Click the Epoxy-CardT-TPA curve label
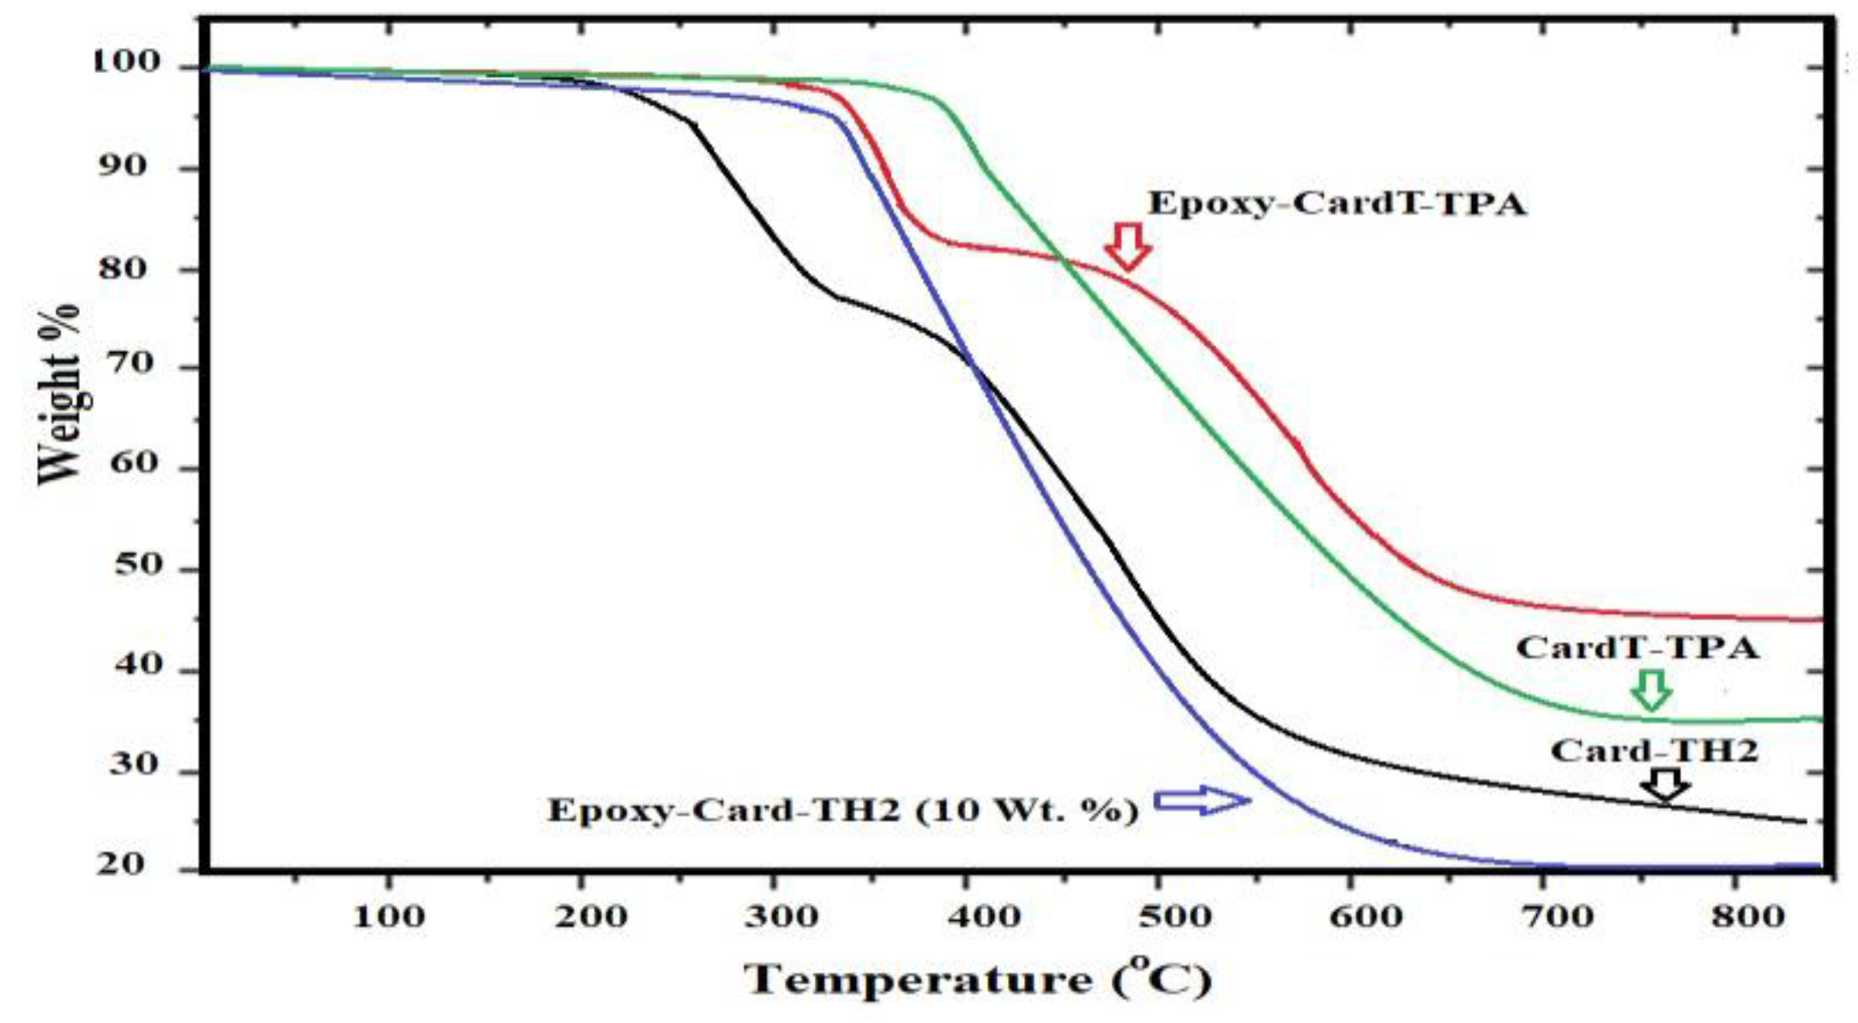click(x=1337, y=204)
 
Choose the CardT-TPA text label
click(x=1637, y=648)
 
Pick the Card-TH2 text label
click(x=1654, y=752)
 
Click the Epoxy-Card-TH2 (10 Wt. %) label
click(x=843, y=810)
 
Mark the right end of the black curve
click(x=1804, y=821)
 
